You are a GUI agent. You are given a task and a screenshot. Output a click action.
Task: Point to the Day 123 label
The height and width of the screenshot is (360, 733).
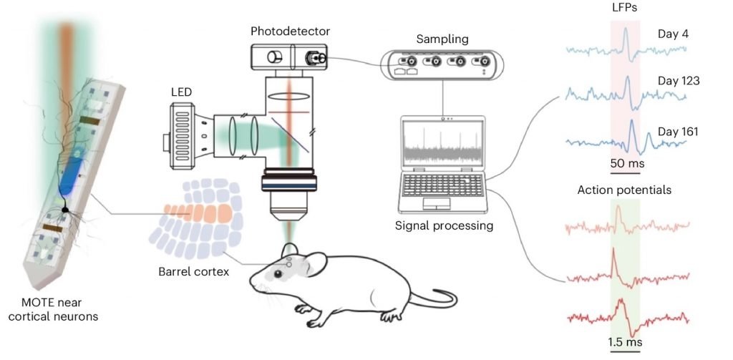pos(678,81)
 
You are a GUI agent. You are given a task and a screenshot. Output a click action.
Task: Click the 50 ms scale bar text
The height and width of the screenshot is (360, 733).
pos(626,164)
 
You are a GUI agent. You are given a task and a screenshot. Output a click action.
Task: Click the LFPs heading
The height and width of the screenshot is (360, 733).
pos(626,9)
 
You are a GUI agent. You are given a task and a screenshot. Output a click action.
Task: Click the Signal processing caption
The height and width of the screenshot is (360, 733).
pos(444,226)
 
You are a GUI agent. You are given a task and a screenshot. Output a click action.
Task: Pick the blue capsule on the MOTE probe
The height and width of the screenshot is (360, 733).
pos(71,176)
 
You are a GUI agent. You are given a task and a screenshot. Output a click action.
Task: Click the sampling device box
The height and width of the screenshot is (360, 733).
pos(438,64)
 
